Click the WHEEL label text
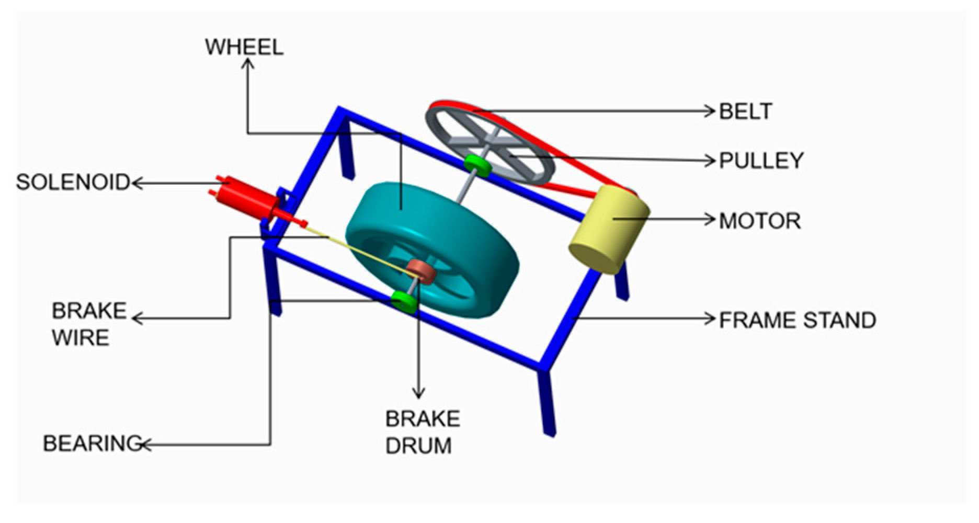pos(244,47)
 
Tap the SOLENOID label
pos(73,182)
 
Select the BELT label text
pos(745,111)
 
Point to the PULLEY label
pos(761,161)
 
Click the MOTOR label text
pos(759,221)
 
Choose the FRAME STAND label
pos(797,320)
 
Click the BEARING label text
pos(92,444)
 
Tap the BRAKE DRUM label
pos(422,433)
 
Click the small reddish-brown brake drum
pos(423,271)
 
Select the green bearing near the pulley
pos(477,165)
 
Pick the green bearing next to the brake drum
pos(404,301)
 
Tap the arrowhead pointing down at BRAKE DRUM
pos(418,393)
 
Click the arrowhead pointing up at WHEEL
pos(247,63)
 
